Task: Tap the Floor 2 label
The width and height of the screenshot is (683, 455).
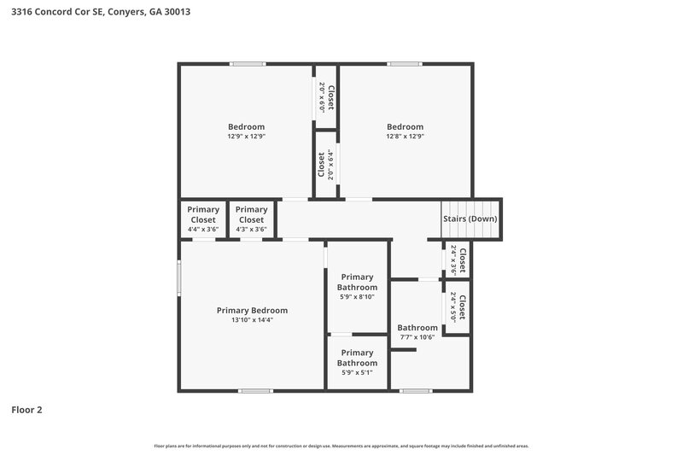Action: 26,410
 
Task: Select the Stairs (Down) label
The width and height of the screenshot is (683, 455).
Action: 470,219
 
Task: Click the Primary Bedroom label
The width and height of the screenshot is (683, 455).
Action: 252,310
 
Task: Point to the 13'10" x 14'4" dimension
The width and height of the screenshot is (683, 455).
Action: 252,320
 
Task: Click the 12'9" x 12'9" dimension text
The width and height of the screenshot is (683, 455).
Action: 246,137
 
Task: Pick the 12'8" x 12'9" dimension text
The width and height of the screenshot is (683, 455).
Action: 405,137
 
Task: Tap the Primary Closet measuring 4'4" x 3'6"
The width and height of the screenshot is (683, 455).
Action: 203,219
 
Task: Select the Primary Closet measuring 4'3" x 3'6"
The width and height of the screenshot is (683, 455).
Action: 251,219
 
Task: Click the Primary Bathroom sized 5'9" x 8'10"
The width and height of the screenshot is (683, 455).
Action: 358,288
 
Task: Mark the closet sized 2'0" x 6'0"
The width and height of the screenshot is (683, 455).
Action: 326,97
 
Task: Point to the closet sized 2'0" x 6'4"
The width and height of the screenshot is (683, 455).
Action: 325,165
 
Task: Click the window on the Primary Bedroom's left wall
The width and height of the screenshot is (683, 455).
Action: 178,277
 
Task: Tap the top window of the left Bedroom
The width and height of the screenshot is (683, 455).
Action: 246,64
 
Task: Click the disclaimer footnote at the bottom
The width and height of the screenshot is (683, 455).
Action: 341,446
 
